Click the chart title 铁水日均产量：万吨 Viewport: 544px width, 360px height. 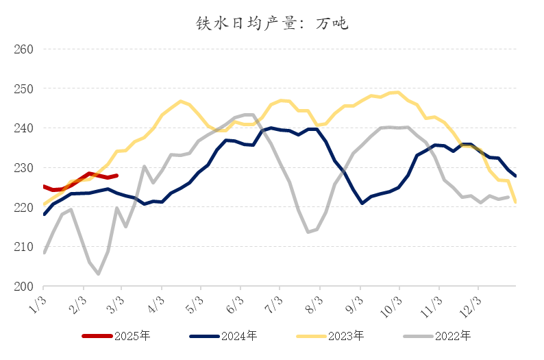coord(272,23)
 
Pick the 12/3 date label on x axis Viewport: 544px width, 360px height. coord(469,302)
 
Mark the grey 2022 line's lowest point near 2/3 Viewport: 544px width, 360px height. coord(99,274)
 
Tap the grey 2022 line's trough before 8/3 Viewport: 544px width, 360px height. coord(308,232)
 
